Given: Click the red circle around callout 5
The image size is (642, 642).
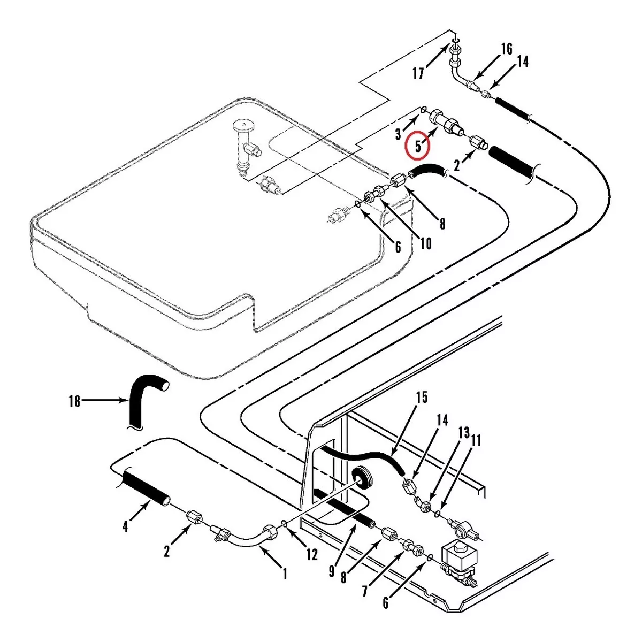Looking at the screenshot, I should pyautogui.click(x=418, y=145).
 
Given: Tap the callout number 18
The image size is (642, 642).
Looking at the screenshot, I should pyautogui.click(x=74, y=401).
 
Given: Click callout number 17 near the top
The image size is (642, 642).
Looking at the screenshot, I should pyautogui.click(x=418, y=73).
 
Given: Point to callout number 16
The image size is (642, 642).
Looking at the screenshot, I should pyautogui.click(x=507, y=49).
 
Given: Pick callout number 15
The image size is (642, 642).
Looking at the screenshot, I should pyautogui.click(x=422, y=398).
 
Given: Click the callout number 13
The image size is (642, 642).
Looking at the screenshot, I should pyautogui.click(x=463, y=432).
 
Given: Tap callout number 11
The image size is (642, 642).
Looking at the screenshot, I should pyautogui.click(x=476, y=440).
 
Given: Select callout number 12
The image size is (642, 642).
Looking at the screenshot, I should pyautogui.click(x=311, y=554).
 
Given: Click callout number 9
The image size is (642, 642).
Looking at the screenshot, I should pyautogui.click(x=332, y=571).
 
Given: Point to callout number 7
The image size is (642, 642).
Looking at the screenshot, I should pyautogui.click(x=366, y=591).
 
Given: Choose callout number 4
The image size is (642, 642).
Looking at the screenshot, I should pyautogui.click(x=125, y=526).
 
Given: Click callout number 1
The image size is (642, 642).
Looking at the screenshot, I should pyautogui.click(x=285, y=575).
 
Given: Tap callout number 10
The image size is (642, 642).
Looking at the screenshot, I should pyautogui.click(x=425, y=243).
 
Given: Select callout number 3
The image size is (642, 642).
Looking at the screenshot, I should pyautogui.click(x=398, y=134).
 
